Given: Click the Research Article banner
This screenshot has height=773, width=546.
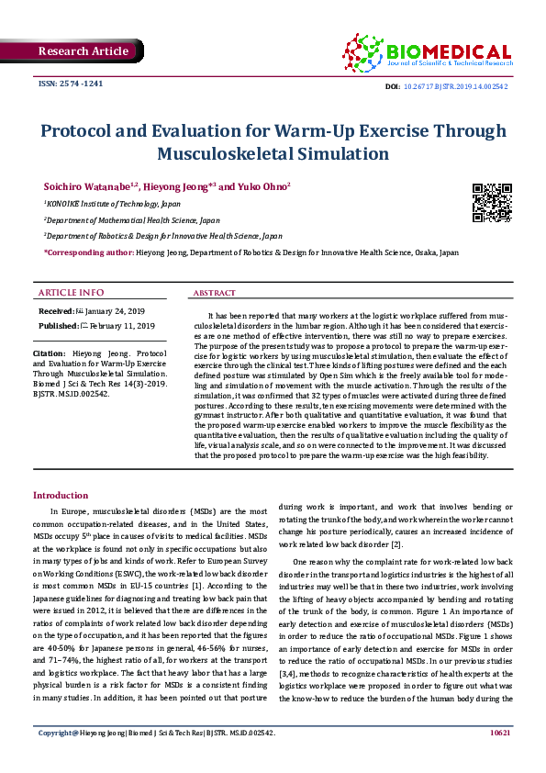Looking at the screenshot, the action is pyautogui.click(x=84, y=51).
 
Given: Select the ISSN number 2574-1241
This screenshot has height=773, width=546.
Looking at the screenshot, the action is pyautogui.click(x=71, y=84).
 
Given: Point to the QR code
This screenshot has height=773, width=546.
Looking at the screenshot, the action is pyautogui.click(x=492, y=203).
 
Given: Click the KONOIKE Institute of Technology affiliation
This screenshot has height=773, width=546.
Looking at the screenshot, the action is pyautogui.click(x=113, y=205).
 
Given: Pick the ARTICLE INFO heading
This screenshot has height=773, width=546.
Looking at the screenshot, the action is pyautogui.click(x=71, y=292).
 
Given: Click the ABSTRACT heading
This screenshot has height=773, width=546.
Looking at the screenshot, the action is pyautogui.click(x=214, y=293).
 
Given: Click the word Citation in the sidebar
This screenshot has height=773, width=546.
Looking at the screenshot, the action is pyautogui.click(x=48, y=353).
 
